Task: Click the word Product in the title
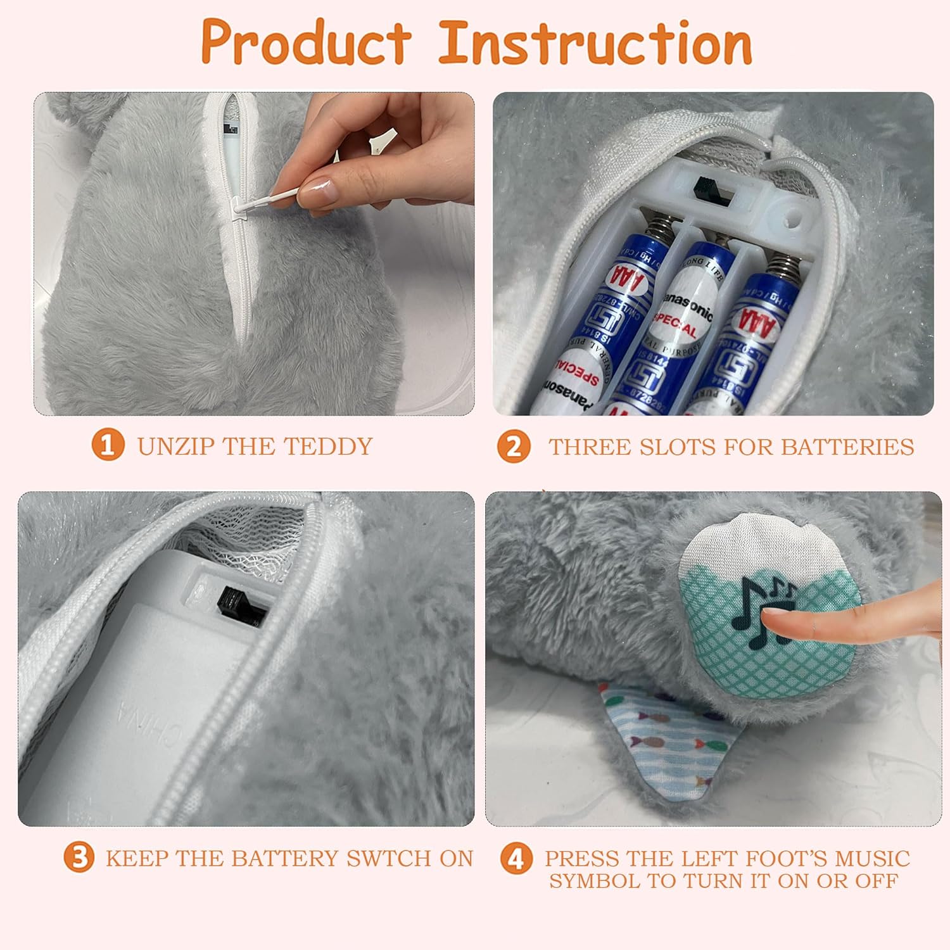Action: pyautogui.click(x=306, y=43)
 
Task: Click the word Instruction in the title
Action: pyautogui.click(x=595, y=43)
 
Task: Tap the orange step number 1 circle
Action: pyautogui.click(x=108, y=445)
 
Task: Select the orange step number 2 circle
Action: pyautogui.click(x=514, y=446)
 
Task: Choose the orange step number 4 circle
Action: pyautogui.click(x=516, y=859)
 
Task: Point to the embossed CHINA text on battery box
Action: pyautogui.click(x=136, y=716)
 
